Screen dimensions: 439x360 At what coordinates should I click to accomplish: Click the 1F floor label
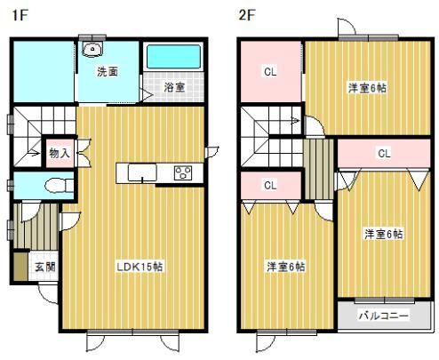point(20,15)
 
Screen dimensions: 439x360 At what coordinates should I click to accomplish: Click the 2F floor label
point(247,15)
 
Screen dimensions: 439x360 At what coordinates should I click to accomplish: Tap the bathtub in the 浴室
point(173,57)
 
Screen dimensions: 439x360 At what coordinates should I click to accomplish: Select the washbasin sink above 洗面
point(92,49)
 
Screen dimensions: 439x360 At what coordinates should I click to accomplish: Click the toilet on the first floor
point(59,186)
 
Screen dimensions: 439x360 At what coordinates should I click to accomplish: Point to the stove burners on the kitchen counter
point(183,173)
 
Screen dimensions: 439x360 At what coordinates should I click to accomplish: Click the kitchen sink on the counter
point(142,172)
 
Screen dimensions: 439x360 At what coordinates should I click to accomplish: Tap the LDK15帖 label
point(140,267)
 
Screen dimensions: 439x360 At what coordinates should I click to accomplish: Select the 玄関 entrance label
point(45,267)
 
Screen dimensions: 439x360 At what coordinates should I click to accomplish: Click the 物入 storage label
point(60,153)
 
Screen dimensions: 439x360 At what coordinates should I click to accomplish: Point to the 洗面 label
point(108,71)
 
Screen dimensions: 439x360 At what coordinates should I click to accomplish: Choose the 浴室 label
point(174,87)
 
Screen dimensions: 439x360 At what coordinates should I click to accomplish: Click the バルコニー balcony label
point(384,316)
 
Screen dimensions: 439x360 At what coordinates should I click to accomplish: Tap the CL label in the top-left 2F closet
point(270,72)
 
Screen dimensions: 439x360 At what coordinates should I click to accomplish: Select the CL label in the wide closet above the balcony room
point(384,153)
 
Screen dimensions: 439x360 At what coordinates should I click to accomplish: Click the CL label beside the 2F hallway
point(270,185)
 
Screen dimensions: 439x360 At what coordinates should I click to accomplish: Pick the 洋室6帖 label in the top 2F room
point(367,88)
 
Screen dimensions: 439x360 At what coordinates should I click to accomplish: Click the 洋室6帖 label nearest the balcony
point(384,234)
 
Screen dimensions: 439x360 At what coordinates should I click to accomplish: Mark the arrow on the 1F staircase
point(34,153)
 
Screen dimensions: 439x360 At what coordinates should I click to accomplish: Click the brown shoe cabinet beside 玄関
point(20,266)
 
